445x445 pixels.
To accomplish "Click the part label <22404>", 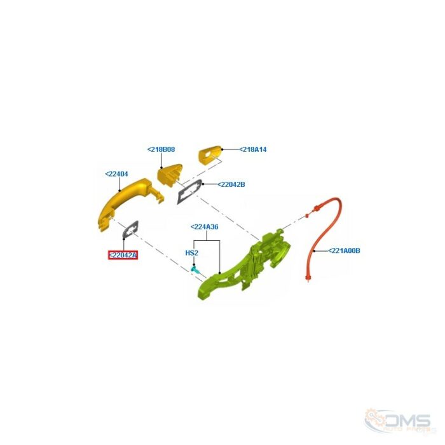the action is click(116, 174).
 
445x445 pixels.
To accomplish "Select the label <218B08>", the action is click(161, 149).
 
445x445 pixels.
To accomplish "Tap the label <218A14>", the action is click(253, 149).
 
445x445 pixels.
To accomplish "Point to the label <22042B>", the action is click(231, 184).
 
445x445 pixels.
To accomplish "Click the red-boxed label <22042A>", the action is click(123, 256).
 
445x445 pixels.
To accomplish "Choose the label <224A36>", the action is click(204, 227).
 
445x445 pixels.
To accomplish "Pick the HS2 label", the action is click(192, 252).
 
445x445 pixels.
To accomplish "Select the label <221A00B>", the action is click(344, 251).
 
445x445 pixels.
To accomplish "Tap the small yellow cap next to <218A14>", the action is click(210, 154).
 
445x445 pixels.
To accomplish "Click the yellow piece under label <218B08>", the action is click(170, 174).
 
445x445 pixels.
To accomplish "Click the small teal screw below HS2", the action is click(195, 269).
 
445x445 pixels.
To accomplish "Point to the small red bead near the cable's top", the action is click(307, 216).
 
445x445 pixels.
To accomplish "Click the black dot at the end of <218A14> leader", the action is click(222, 149).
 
